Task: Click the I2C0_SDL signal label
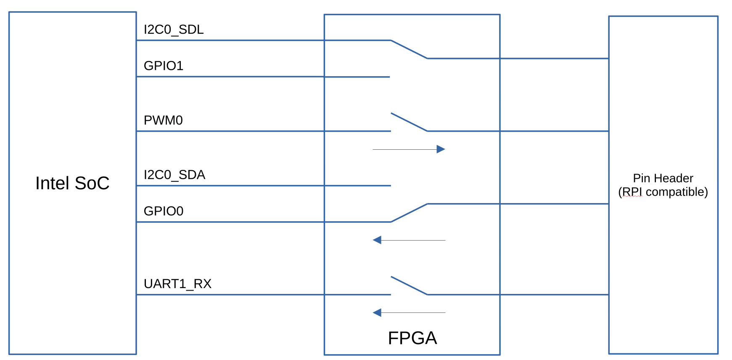173,29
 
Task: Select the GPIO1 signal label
163,66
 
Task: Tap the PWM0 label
163,120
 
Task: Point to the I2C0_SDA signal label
174,175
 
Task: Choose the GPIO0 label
163,211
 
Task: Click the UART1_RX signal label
177,284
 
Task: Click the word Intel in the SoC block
52,183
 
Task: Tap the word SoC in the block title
92,183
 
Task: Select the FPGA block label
412,338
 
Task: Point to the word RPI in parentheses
632,192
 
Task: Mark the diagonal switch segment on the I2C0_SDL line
409,49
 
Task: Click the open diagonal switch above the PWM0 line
409,122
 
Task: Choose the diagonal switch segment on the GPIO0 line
409,213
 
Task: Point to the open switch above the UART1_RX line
409,286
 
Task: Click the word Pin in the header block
641,178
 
